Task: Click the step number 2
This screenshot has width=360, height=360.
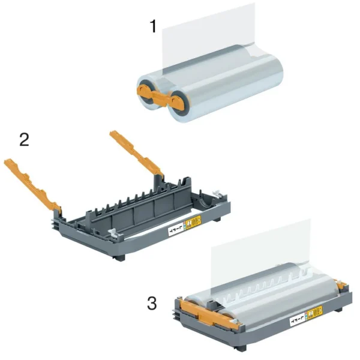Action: (x=25, y=140)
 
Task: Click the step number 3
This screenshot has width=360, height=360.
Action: (x=152, y=303)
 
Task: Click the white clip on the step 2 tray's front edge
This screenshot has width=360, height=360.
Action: (x=115, y=230)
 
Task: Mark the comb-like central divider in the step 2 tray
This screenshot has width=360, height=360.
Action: (x=138, y=204)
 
